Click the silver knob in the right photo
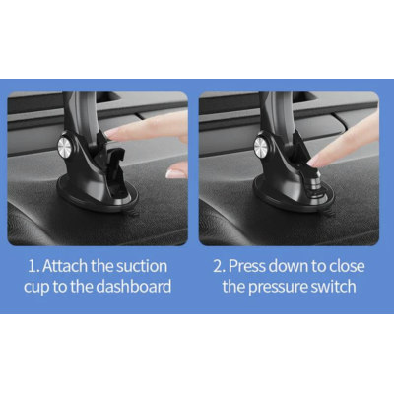(261, 145)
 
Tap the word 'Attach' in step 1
(65, 266)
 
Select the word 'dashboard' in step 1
(134, 287)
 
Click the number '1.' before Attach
(33, 266)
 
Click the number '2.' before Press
(220, 266)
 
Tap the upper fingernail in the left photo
(112, 133)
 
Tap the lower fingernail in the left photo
(175, 173)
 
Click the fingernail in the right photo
(313, 162)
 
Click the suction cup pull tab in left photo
(131, 213)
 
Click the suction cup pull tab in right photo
(328, 213)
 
